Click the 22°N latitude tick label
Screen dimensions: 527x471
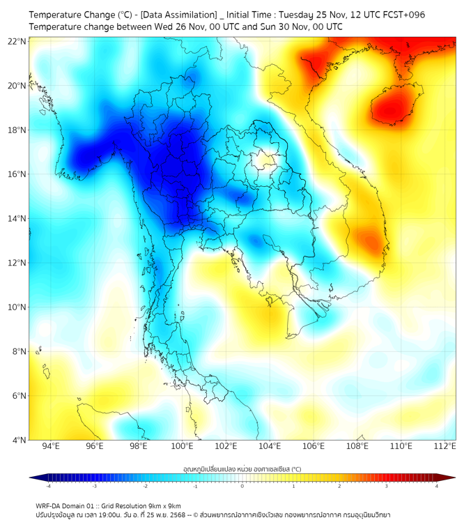[x=17, y=41]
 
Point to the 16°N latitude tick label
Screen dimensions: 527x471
[x=17, y=174]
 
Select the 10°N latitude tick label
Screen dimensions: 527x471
[x=17, y=307]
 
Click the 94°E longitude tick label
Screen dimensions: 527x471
[x=52, y=446]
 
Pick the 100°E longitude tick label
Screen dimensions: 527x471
[x=183, y=446]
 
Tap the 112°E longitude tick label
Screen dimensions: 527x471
[x=445, y=446]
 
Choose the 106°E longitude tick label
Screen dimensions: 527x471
[x=314, y=446]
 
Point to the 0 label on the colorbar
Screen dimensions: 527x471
[x=242, y=486]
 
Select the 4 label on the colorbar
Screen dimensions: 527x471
[x=436, y=486]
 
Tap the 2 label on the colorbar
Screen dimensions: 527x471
[x=339, y=486]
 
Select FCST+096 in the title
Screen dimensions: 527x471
[x=400, y=15]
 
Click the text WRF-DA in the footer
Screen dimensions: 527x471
[x=50, y=505]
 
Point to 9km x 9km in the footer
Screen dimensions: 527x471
[x=162, y=505]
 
